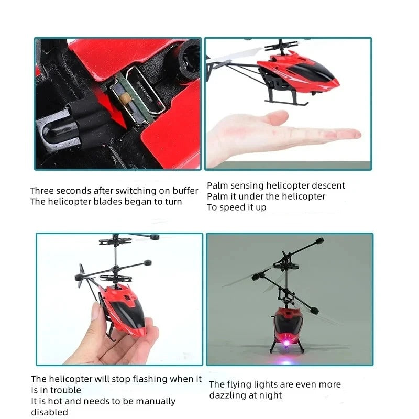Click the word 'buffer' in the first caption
pyautogui.click(x=184, y=191)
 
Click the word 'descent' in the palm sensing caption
pyautogui.click(x=328, y=185)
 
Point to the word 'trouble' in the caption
pyautogui.click(x=65, y=390)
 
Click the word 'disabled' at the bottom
pyautogui.click(x=49, y=412)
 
